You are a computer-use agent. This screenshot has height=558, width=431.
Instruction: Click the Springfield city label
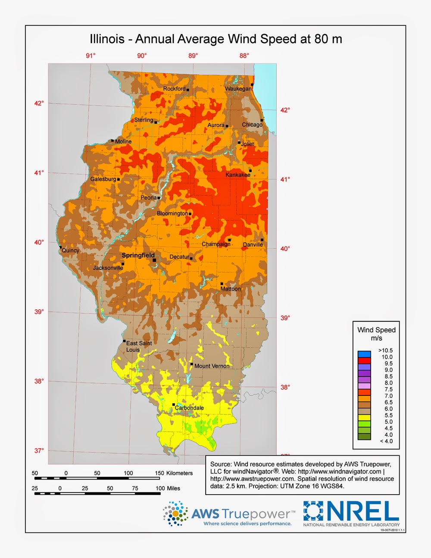click(x=138, y=255)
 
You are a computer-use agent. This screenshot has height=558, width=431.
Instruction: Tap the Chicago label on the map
click(x=252, y=125)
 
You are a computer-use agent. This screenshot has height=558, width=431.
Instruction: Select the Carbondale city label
click(x=189, y=408)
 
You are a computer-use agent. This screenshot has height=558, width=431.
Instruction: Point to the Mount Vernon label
click(x=212, y=366)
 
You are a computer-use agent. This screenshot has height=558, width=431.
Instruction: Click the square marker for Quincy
click(x=60, y=247)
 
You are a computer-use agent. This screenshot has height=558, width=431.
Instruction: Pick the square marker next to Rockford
click(x=187, y=90)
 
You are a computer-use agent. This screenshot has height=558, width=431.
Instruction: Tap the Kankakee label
click(x=237, y=175)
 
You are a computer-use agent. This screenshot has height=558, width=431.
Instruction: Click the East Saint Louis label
click(x=138, y=346)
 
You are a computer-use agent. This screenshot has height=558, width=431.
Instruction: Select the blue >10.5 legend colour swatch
click(x=364, y=354)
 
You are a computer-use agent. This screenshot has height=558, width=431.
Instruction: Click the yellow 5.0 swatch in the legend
click(x=364, y=417)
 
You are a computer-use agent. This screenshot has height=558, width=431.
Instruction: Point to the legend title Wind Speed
click(x=376, y=330)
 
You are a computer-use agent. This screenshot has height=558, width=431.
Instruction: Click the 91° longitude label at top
click(x=91, y=56)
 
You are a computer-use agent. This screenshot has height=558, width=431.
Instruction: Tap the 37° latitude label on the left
click(x=39, y=451)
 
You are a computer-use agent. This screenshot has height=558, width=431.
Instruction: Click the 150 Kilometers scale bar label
click(x=174, y=473)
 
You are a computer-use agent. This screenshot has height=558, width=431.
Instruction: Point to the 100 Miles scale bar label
click(x=168, y=488)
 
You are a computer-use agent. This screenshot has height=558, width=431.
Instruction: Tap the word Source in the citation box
click(x=221, y=464)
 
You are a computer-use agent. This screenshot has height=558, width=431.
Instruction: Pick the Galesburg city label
click(x=103, y=179)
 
